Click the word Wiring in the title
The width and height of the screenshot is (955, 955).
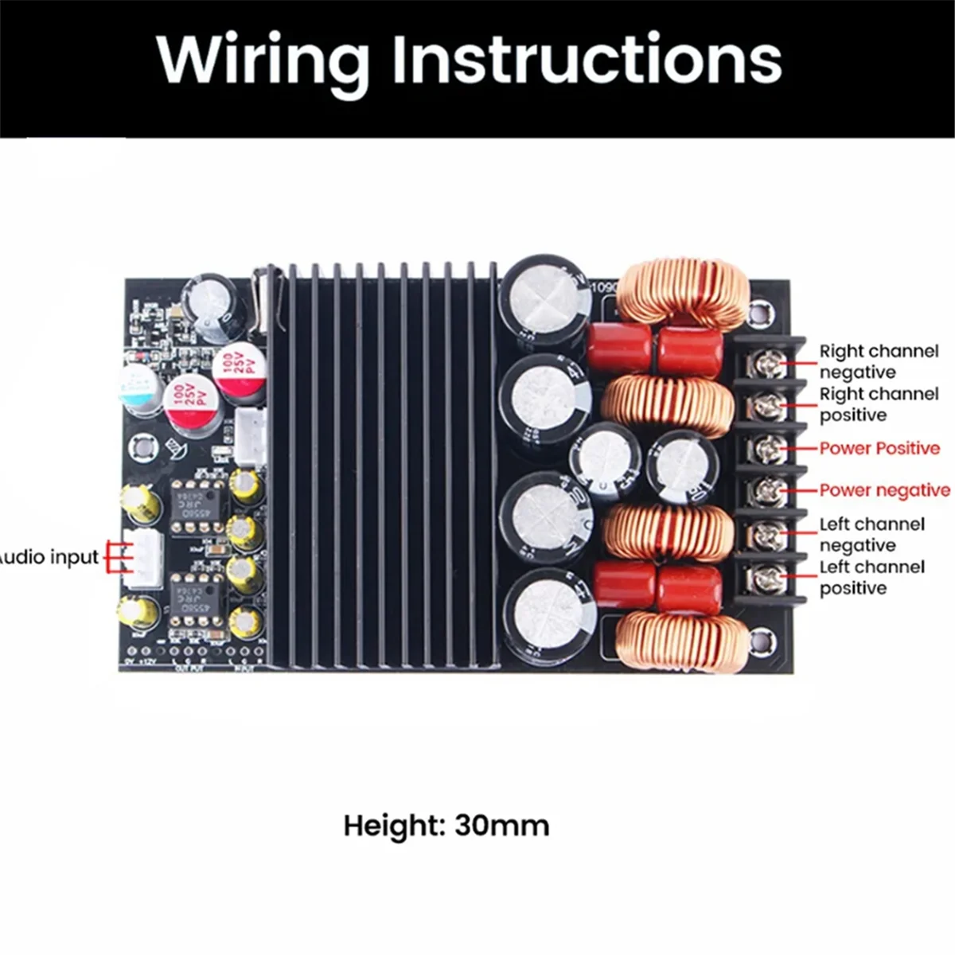263,60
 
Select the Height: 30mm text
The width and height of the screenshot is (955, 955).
446,825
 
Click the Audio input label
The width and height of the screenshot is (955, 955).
48,557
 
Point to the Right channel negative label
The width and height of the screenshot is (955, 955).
879,361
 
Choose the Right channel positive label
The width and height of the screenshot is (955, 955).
879,404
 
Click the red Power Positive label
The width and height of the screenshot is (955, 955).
879,448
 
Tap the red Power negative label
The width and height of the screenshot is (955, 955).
884,490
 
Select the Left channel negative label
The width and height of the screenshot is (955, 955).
872,534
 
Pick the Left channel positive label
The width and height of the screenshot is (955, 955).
872,577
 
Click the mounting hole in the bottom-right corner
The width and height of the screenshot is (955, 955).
762,637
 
